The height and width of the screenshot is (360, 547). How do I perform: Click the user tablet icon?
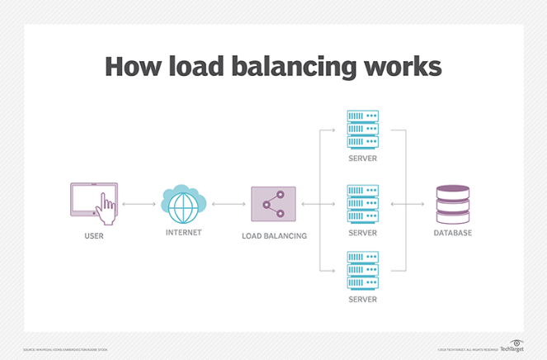click(95, 202)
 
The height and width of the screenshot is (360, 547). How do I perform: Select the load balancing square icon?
click(273, 203)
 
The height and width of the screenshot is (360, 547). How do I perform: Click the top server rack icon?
click(361, 129)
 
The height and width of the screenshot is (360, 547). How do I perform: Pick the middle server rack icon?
click(361, 203)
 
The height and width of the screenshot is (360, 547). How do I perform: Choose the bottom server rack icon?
click(361, 269)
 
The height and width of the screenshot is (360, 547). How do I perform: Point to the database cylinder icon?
click(453, 203)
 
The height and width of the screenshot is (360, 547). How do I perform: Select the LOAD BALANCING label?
click(274, 235)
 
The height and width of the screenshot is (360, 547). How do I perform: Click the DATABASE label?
click(453, 234)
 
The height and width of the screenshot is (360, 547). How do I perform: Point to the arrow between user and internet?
click(139, 203)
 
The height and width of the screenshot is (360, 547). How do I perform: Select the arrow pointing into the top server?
click(328, 130)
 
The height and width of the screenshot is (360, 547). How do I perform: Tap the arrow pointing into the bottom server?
click(328, 269)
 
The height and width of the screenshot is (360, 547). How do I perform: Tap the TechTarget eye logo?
click(516, 342)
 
